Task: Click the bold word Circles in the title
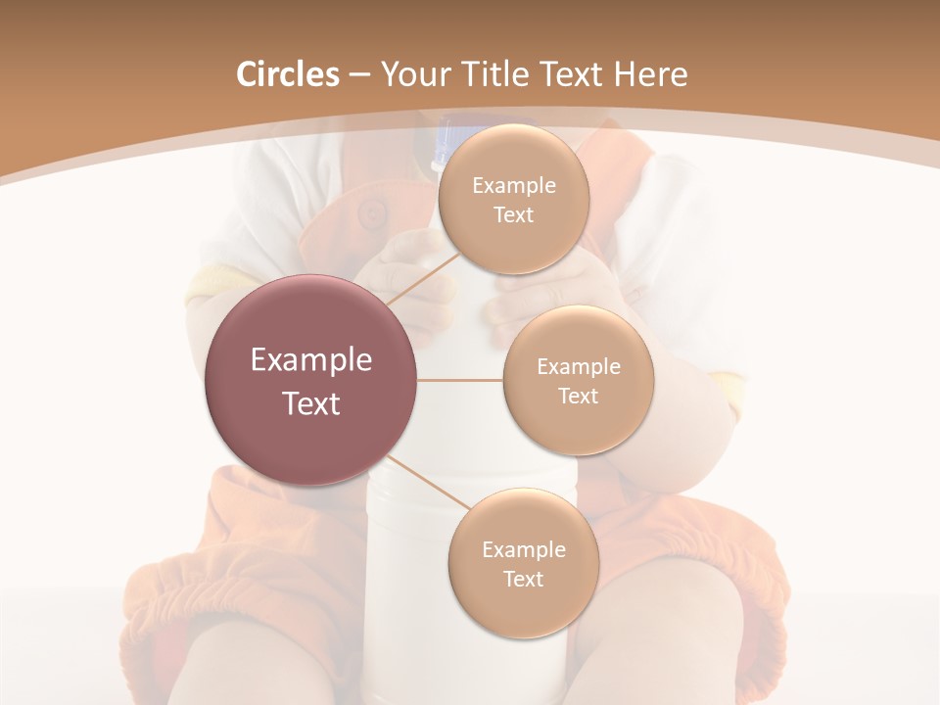[x=287, y=74]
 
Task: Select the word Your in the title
[x=414, y=74]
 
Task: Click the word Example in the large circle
[x=311, y=360]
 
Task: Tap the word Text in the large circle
[x=311, y=403]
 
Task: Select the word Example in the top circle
[x=513, y=186]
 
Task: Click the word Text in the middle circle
[x=578, y=396]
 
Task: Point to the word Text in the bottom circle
[x=523, y=579]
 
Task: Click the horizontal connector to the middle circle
[x=460, y=379]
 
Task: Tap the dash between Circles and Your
[x=358, y=75]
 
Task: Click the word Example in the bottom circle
[x=523, y=549]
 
